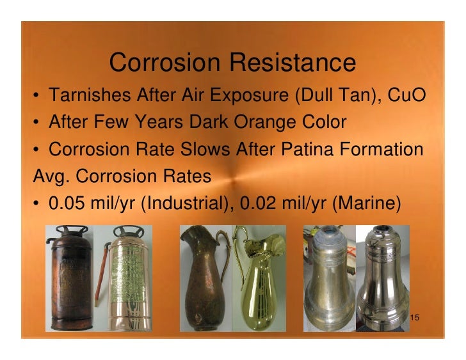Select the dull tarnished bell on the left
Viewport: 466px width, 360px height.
[x=326, y=281]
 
